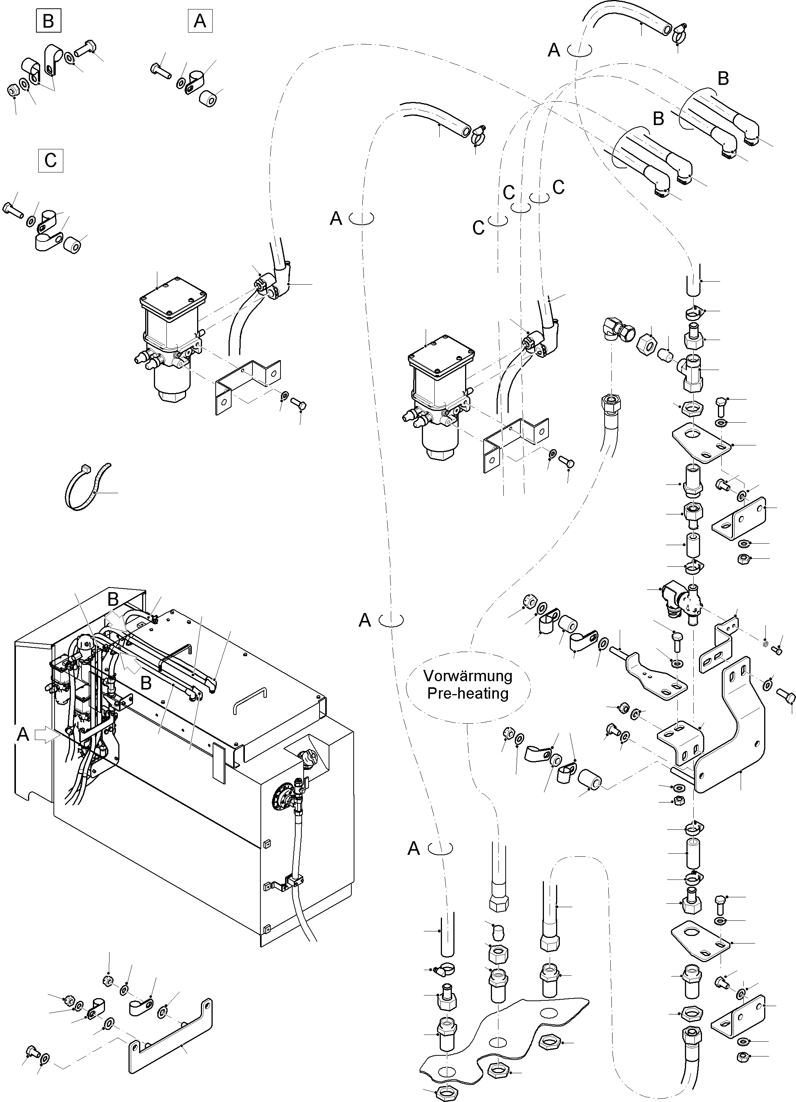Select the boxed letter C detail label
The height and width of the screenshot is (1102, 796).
coord(50,160)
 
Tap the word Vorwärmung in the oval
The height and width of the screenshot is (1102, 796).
coord(467,676)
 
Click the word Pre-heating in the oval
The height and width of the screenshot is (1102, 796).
coord(467,693)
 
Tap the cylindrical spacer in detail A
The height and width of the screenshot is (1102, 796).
coord(208,99)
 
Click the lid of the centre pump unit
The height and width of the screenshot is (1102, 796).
coord(441,356)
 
